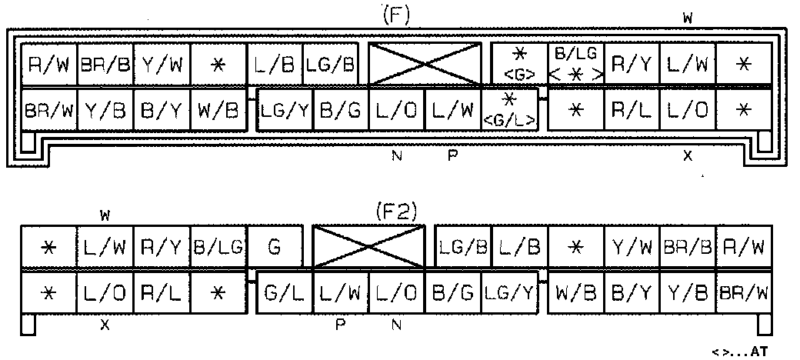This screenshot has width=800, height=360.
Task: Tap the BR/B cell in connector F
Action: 105,65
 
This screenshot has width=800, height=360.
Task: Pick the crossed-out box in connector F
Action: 424,64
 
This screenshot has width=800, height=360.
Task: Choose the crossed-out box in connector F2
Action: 368,247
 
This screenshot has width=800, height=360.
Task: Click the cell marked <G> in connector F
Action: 518,65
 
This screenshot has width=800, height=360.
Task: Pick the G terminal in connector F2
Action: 274,248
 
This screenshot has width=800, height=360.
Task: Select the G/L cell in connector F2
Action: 283,292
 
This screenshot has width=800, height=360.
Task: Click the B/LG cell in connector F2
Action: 218,248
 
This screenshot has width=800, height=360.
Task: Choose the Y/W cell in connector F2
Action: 632,248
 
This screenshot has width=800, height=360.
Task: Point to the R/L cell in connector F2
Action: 162,292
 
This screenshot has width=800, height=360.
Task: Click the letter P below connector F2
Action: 339,325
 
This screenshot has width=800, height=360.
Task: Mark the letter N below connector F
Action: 396,155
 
